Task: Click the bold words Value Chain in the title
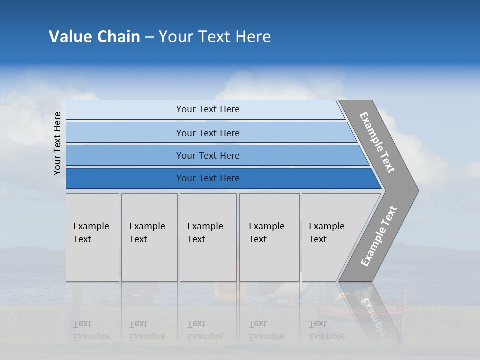[94, 37]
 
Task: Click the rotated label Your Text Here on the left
[57, 143]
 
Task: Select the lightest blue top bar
[125, 110]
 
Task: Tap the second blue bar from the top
[125, 133]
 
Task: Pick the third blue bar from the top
[125, 155]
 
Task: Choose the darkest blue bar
[125, 178]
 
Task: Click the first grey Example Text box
[92, 237]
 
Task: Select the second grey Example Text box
[149, 237]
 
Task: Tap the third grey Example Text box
[208, 237]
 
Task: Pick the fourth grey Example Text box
[269, 237]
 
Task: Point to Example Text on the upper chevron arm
[377, 142]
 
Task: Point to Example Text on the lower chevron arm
[378, 236]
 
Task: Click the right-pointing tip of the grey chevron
[416, 190]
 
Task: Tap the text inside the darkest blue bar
[208, 178]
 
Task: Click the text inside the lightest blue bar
[208, 109]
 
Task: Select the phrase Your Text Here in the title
[215, 37]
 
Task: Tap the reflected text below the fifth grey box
[326, 330]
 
